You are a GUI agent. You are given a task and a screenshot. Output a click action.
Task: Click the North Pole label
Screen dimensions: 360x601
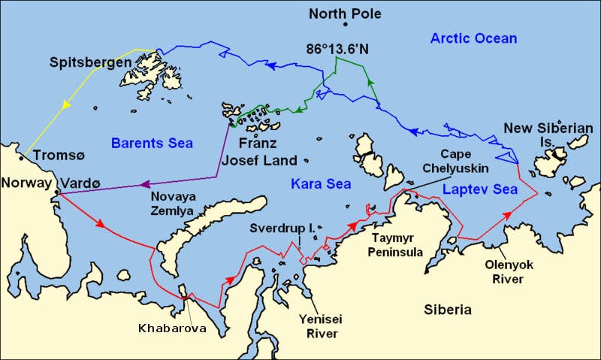[x=345, y=14]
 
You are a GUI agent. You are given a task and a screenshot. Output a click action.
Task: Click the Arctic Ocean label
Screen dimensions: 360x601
[x=473, y=38]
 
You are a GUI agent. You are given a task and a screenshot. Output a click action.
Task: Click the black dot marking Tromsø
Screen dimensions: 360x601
[x=23, y=157]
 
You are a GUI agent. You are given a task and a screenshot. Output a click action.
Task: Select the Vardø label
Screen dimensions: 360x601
[x=80, y=183]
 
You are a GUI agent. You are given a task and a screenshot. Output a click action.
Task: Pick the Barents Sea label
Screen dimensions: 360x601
[x=152, y=143]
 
